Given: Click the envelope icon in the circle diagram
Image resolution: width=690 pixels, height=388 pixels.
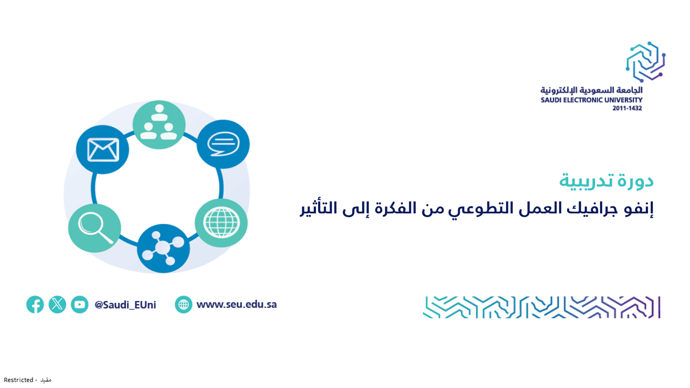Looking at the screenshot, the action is point(102,150).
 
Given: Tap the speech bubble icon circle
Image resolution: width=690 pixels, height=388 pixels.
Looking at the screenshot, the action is point(223,144).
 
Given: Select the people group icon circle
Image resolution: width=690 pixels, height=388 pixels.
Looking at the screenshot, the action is point(159,124).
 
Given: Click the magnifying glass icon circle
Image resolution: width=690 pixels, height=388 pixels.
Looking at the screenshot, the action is point(94,228).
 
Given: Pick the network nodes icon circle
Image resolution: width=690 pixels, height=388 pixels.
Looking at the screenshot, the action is point(163,248).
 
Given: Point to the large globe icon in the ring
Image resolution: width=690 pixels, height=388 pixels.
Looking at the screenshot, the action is point(221,223).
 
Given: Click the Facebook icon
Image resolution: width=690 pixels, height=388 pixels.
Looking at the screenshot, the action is point(35,304).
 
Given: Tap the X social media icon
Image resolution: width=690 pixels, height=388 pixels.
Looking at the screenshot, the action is point(57,304).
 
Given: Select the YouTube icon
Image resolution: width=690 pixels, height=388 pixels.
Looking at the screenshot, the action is point(79,304).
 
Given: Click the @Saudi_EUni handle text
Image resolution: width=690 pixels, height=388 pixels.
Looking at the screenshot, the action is point(125,305).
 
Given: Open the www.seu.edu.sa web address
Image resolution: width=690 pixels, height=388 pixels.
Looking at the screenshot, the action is point(237,304).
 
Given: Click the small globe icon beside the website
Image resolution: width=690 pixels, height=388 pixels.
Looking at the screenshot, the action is point(184,304).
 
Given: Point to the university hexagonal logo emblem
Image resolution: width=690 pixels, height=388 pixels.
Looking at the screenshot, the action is point(646,62).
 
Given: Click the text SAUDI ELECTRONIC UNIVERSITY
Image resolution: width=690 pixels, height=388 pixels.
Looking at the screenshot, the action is point(591,100).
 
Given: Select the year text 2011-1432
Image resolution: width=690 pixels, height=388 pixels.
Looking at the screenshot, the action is point(627,108).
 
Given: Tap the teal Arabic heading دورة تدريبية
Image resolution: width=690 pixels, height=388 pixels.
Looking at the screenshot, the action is point(606,181).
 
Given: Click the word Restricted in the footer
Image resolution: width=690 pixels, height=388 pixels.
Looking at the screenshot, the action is point(18,380).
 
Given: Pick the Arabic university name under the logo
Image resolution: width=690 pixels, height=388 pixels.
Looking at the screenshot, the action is point(591,90).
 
